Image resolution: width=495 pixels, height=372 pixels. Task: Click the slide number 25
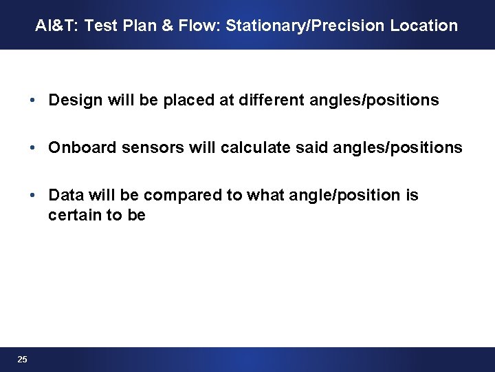(x=23, y=360)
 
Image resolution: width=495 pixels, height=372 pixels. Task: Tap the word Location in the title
(x=424, y=26)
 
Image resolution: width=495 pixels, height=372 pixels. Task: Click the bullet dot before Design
(x=33, y=101)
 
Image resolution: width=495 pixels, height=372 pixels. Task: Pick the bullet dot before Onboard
(x=33, y=148)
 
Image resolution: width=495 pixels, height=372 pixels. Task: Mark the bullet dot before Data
(x=33, y=196)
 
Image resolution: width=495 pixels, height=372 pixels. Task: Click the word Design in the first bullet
(x=72, y=101)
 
